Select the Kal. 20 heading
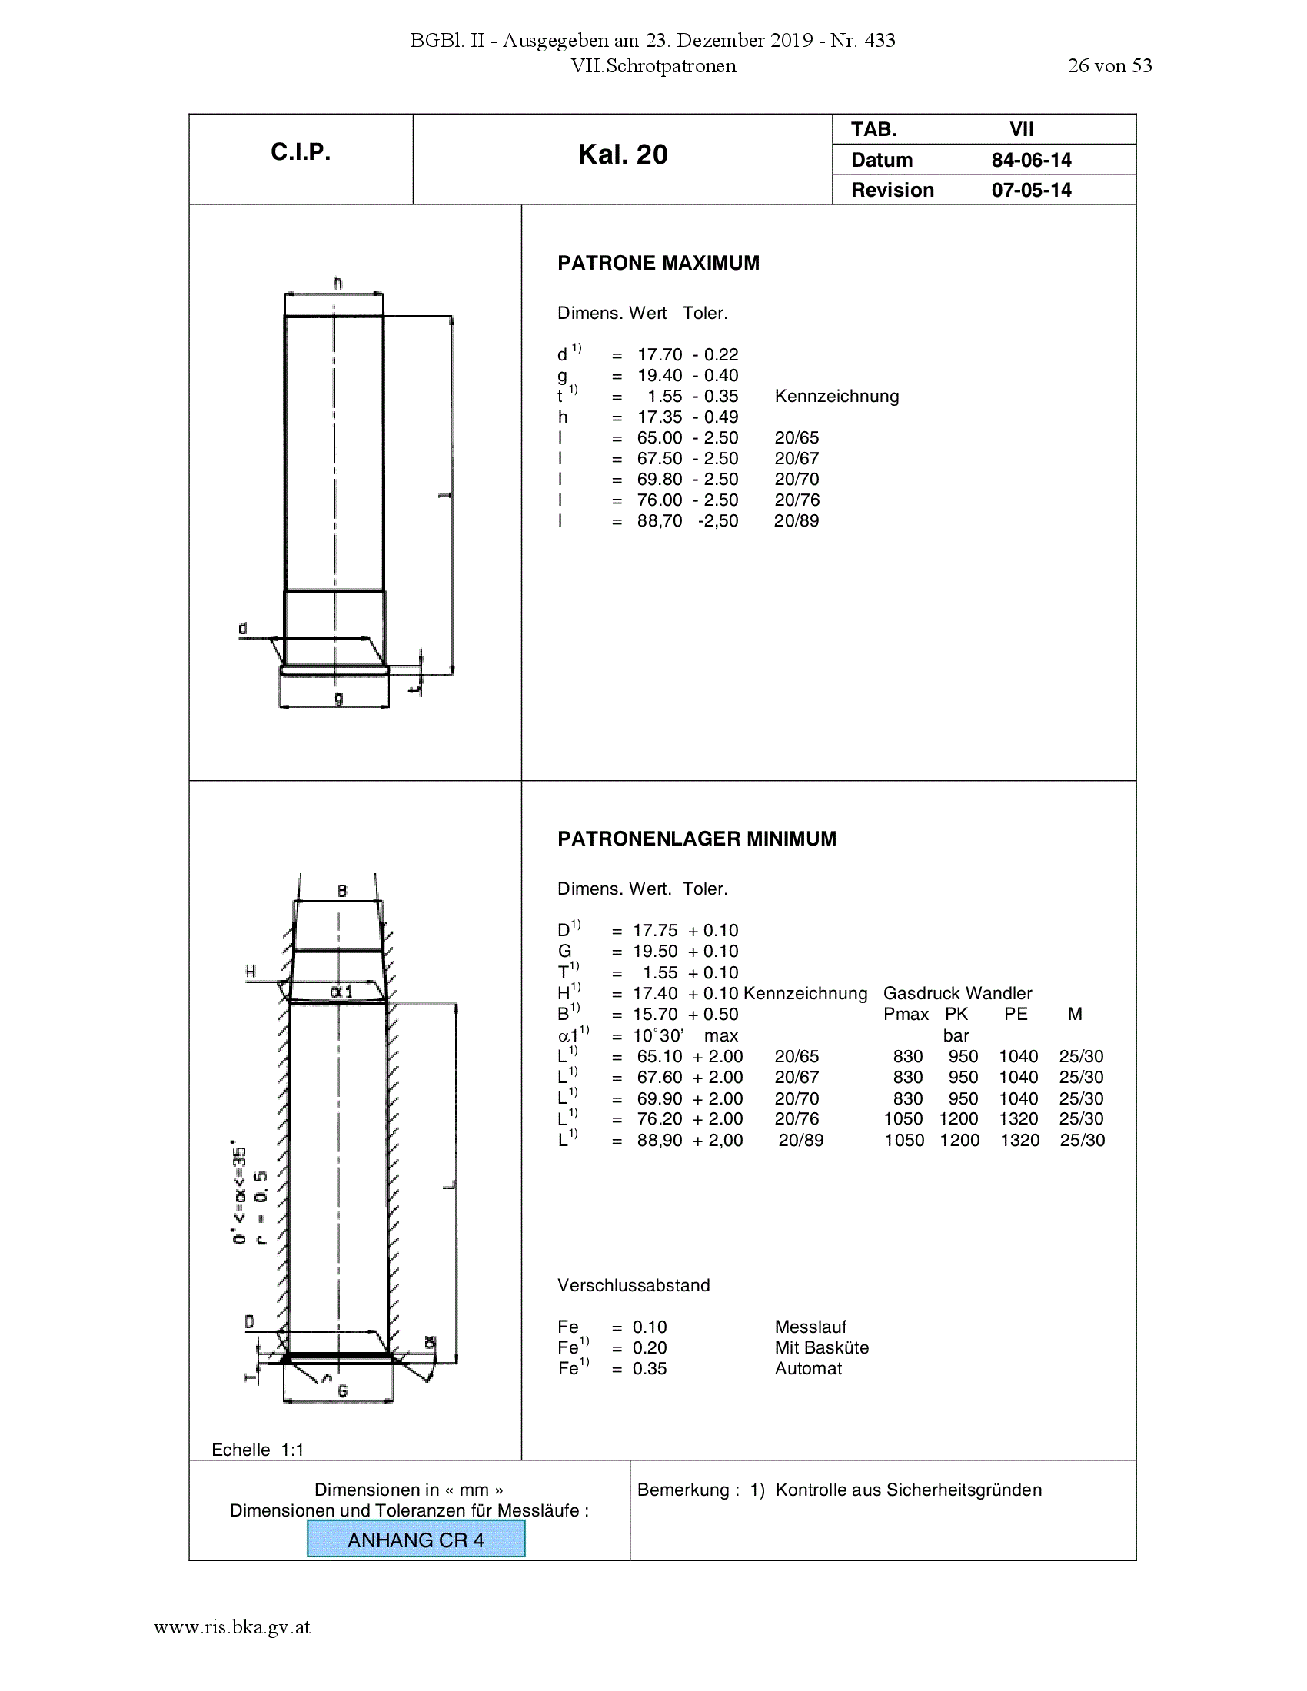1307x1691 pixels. (623, 154)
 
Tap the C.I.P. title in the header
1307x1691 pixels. (301, 151)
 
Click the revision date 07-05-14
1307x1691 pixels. (1031, 191)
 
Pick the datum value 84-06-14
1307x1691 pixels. (1031, 161)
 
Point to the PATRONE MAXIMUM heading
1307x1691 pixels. (658, 263)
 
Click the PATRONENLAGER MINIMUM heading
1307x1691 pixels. (697, 839)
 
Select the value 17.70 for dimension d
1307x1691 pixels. (660, 354)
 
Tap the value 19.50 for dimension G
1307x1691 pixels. (655, 952)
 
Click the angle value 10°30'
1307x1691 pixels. (658, 1036)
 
